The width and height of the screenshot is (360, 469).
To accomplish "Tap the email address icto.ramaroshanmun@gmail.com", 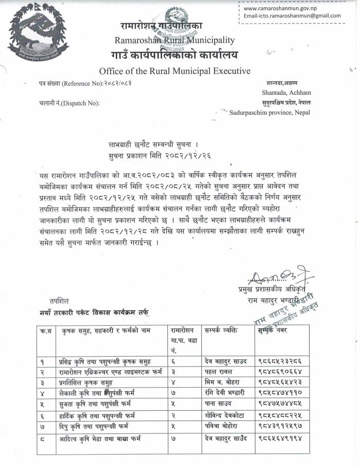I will (x=292, y=15).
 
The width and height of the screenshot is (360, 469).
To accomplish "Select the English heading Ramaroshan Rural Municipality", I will (x=175, y=40).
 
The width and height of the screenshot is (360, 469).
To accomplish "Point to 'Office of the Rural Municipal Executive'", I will (x=175, y=71).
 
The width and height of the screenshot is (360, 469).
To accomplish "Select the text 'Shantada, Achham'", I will (x=282, y=93).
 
